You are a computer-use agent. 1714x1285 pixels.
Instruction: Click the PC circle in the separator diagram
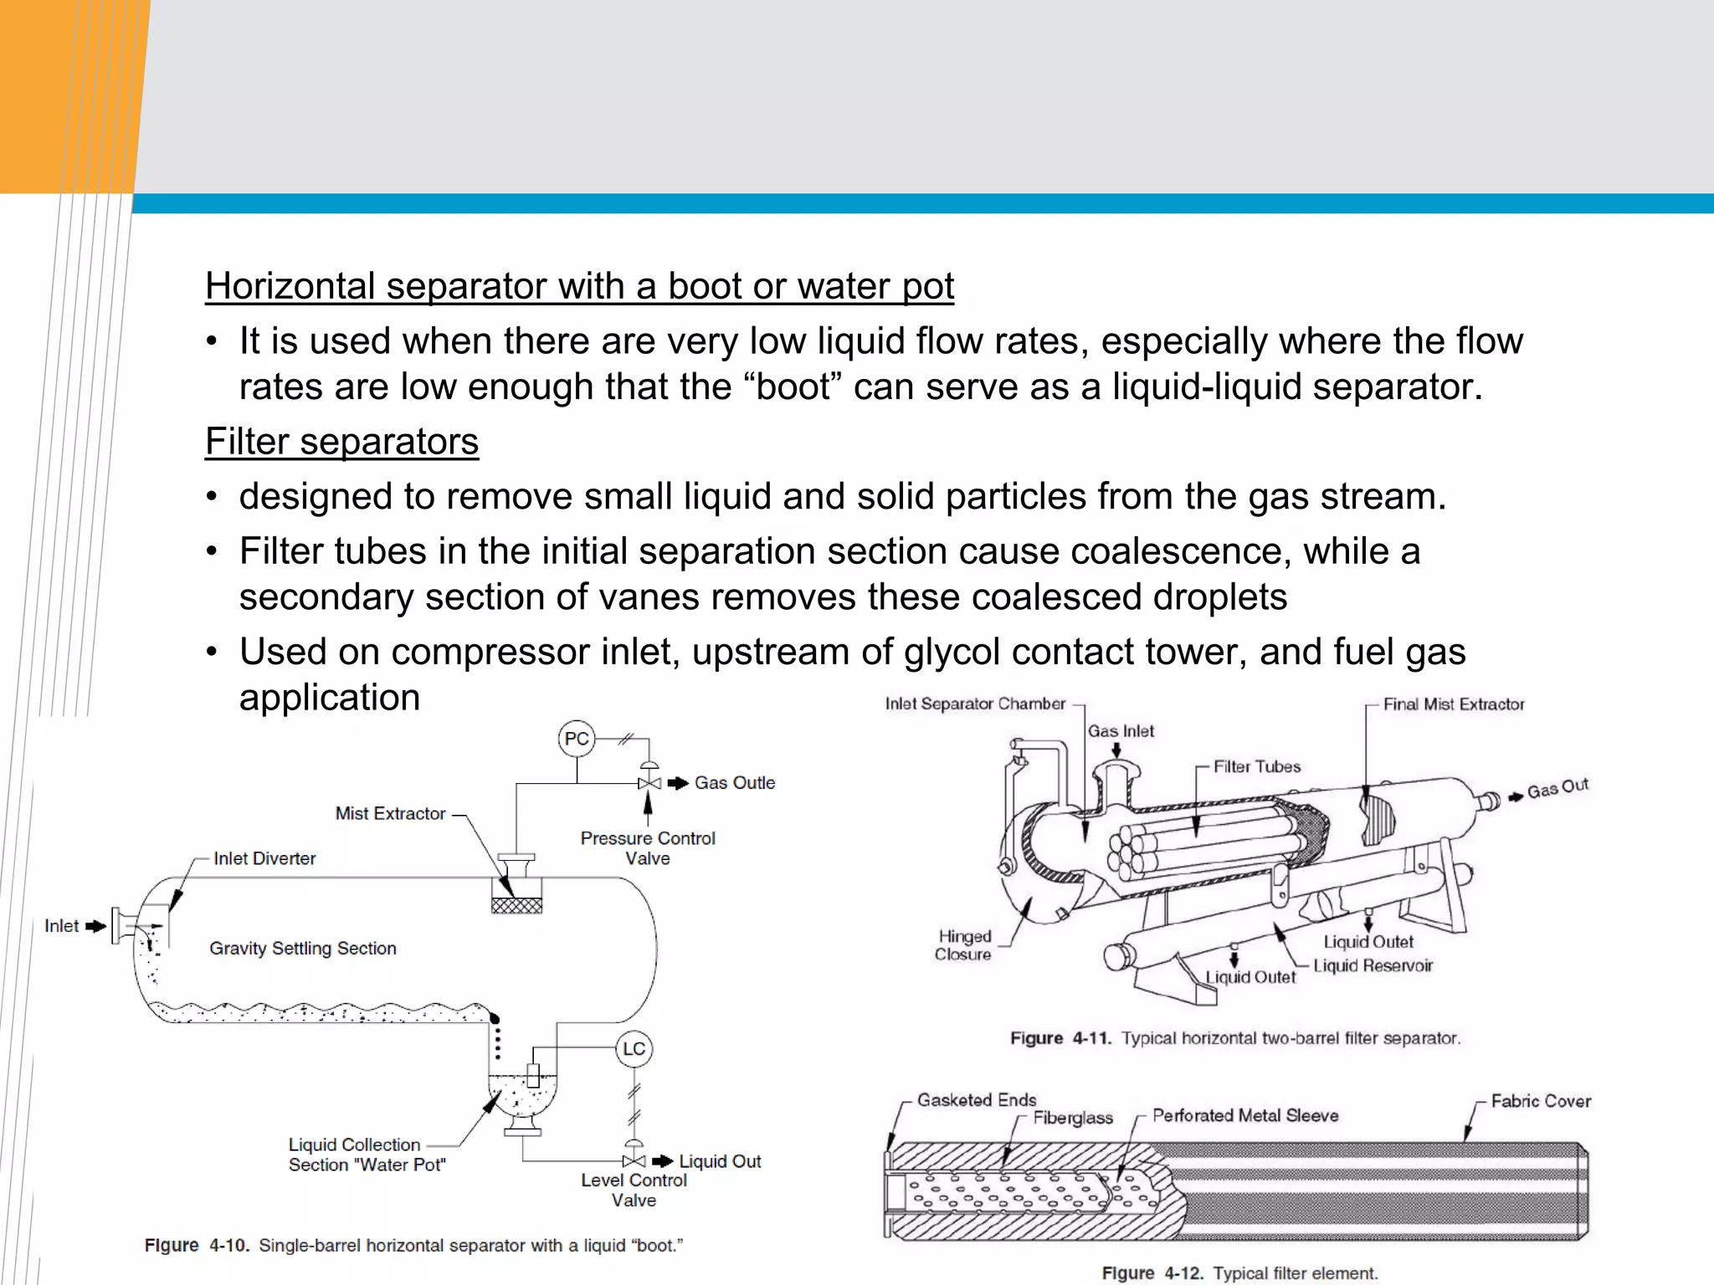pos(577,739)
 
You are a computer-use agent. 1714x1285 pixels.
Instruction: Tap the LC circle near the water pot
pos(634,1049)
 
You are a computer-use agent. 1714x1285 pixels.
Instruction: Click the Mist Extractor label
pos(390,813)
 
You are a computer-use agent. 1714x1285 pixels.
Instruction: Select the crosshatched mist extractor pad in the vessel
pos(516,905)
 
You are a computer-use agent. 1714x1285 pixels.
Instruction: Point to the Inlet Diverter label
pos(264,858)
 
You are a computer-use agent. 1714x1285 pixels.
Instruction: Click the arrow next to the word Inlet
pos(96,926)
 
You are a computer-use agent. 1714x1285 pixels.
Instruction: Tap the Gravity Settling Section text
pos(303,948)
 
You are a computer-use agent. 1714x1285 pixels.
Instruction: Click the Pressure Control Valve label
pos(648,847)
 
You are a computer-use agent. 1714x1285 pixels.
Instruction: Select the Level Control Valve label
pos(634,1190)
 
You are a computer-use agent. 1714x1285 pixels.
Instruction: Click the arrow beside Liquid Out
pos(663,1161)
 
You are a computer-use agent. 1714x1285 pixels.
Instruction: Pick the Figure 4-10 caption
pos(413,1246)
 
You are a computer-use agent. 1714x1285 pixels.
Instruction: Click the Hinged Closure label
pos(964,945)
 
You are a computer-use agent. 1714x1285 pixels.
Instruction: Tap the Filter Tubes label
pos(1257,766)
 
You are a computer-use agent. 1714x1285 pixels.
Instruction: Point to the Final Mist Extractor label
pos(1454,704)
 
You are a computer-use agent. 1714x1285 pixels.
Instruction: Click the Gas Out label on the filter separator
pos(1557,789)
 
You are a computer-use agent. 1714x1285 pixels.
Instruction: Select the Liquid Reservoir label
pos(1373,966)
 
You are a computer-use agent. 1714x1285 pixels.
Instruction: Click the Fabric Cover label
pos(1541,1101)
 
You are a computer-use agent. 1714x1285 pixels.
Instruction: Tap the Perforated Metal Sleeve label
pos(1245,1115)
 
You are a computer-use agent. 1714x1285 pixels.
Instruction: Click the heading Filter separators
pos(341,442)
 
